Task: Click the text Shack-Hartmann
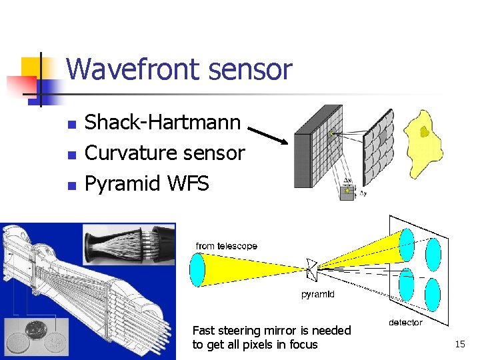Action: click(x=163, y=122)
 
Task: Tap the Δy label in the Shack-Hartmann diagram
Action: click(x=363, y=194)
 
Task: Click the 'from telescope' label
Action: click(x=227, y=246)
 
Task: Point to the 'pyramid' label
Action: click(x=318, y=294)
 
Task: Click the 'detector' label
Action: click(x=405, y=323)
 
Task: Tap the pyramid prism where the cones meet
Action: click(x=311, y=268)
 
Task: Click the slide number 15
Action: click(x=460, y=344)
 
